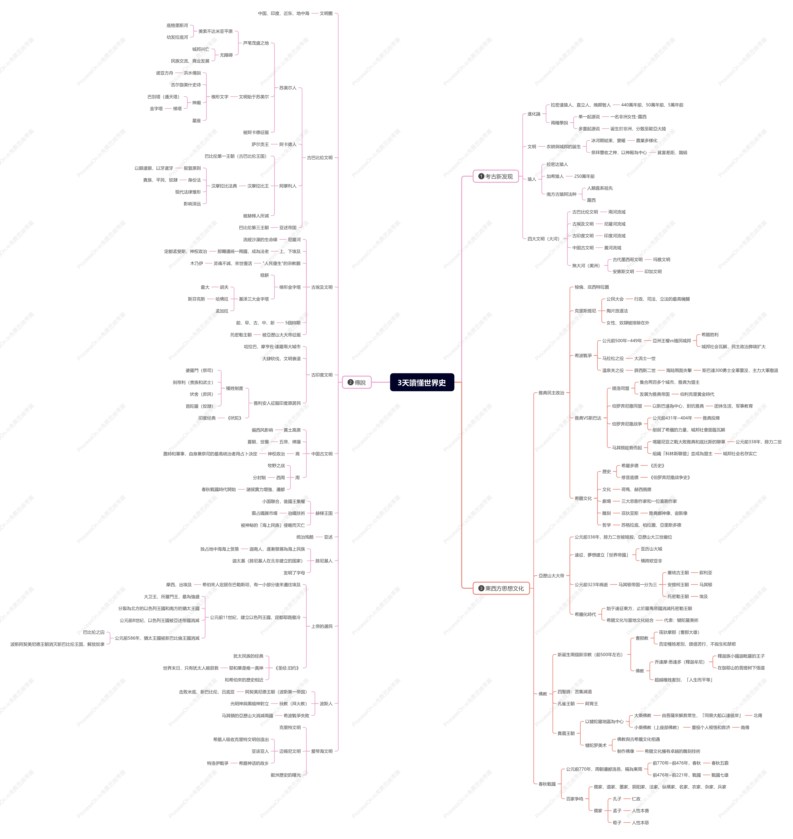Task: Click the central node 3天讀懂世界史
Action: pyautogui.click(x=422, y=382)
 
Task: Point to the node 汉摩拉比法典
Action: pyautogui.click(x=224, y=186)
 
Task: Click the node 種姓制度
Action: pyautogui.click(x=235, y=388)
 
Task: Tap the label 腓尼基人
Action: pyautogui.click(x=324, y=561)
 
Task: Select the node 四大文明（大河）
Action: pyautogui.click(x=543, y=239)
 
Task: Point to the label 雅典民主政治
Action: pyautogui.click(x=551, y=393)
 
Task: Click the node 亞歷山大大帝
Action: pyautogui.click(x=551, y=576)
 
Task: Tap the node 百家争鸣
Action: pyautogui.click(x=575, y=799)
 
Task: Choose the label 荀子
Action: pyautogui.click(x=617, y=823)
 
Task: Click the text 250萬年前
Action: pyautogui.click(x=584, y=176)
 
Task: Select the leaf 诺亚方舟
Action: pyautogui.click(x=165, y=73)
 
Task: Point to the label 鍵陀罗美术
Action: pyautogui.click(x=596, y=745)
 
